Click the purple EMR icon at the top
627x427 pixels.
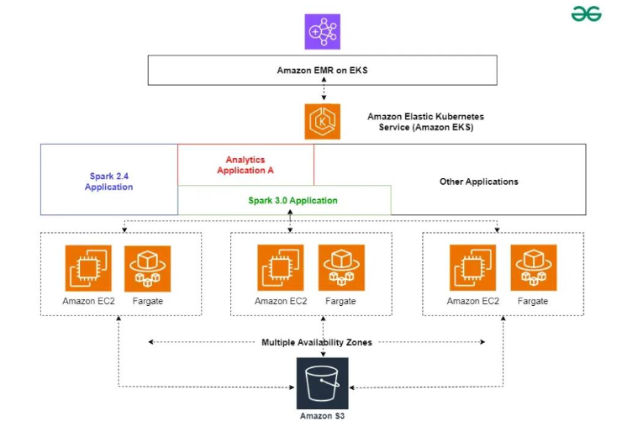tap(323, 31)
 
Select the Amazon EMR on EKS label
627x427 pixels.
tap(323, 71)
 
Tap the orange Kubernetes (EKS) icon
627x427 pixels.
tap(323, 121)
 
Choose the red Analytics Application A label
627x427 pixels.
tap(245, 165)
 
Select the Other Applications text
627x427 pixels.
tap(479, 182)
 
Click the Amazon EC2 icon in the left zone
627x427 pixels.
tap(88, 268)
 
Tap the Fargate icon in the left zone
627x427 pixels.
tap(147, 268)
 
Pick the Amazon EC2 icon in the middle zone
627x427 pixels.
tap(281, 268)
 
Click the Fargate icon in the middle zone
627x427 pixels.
tap(340, 268)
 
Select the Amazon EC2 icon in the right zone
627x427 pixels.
tap(472, 268)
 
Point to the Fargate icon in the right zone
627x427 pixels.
tap(532, 268)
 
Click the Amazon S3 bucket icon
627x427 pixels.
tap(323, 382)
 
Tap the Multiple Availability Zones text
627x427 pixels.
tap(317, 342)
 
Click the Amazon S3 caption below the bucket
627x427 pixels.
tap(323, 416)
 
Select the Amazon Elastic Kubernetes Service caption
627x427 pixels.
tap(425, 121)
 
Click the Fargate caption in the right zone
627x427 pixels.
tap(532, 301)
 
